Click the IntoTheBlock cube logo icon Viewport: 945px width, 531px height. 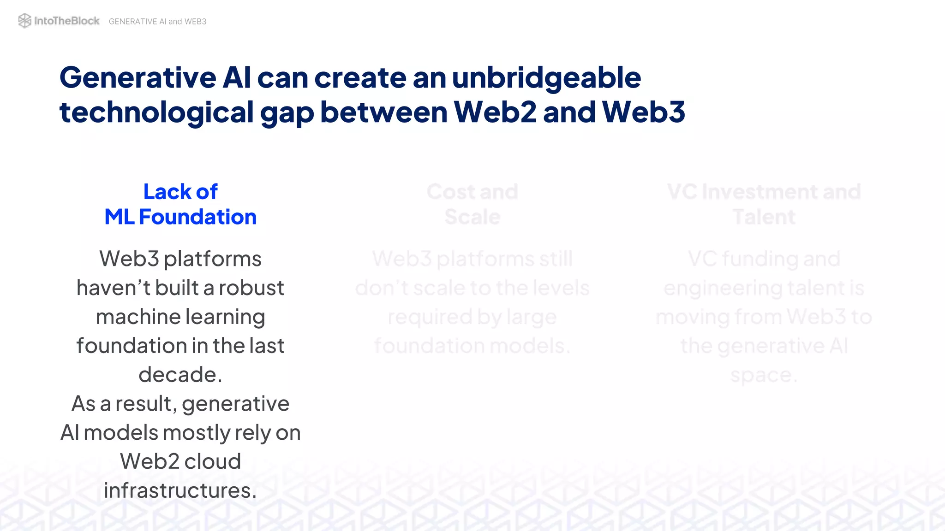(x=24, y=21)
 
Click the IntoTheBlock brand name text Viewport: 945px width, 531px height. (x=67, y=21)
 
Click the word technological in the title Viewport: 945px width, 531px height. (x=157, y=113)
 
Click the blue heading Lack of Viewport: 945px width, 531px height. (x=180, y=192)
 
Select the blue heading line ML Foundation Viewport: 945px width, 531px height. (x=180, y=217)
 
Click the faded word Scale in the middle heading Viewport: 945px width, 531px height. (x=472, y=217)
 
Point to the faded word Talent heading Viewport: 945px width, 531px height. (x=764, y=217)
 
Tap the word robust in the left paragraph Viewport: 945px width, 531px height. (x=251, y=288)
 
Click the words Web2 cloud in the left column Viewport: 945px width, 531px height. (x=180, y=461)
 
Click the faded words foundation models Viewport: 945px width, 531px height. (x=472, y=346)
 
